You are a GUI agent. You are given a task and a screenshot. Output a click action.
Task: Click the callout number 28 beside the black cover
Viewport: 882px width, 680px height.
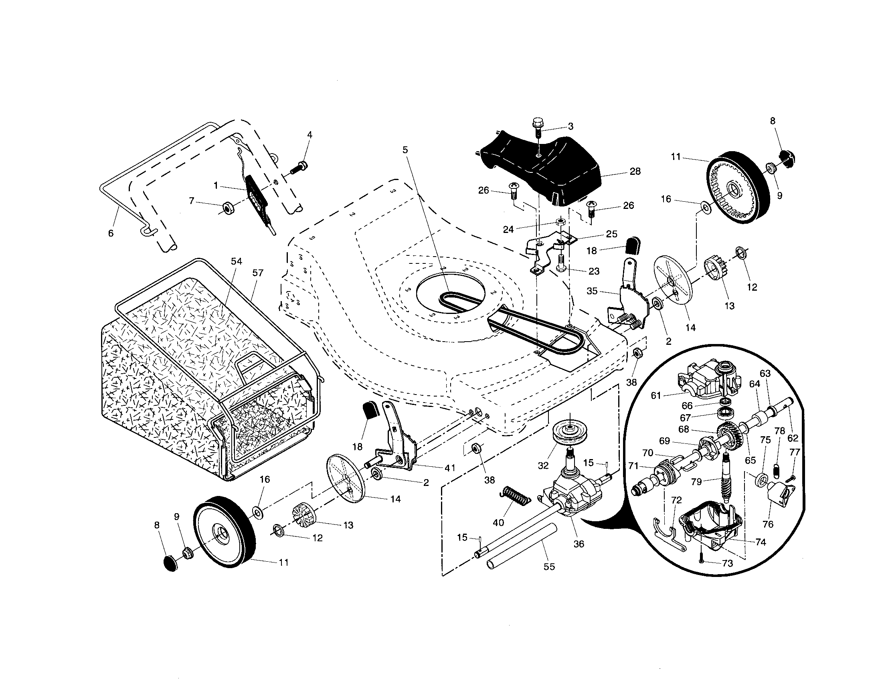(635, 171)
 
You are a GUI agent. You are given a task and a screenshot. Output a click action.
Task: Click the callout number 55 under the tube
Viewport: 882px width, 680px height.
(549, 567)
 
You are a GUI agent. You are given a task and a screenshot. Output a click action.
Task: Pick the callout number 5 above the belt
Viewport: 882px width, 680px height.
(405, 150)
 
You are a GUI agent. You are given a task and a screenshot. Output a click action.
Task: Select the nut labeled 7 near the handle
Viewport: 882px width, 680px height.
(227, 209)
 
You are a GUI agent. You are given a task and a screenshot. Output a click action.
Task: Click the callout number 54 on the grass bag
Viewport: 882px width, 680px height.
(236, 261)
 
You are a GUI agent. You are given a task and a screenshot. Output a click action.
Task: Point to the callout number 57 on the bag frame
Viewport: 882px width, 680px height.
(258, 273)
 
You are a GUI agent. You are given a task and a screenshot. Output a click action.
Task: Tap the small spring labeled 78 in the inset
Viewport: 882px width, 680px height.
(775, 470)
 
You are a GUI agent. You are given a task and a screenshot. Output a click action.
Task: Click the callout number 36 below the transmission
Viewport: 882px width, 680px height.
(579, 544)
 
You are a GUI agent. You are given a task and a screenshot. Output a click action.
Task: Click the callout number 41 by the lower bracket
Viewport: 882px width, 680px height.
(449, 468)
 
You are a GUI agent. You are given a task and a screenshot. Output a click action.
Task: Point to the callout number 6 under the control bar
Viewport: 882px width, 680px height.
(111, 233)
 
